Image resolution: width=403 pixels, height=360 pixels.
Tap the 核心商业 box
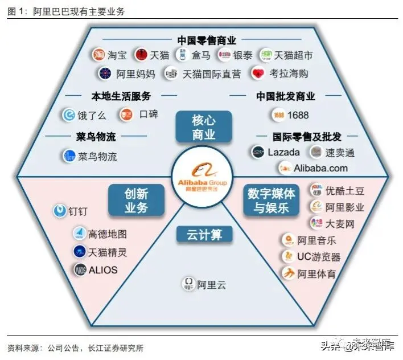click(203, 127)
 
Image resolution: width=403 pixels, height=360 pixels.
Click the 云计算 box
click(203, 234)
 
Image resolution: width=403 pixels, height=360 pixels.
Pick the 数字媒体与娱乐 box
click(271, 200)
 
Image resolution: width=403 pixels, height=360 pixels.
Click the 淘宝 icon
click(99, 55)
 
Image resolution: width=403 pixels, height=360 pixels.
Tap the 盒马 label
click(200, 55)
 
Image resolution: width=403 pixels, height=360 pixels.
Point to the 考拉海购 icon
click(258, 73)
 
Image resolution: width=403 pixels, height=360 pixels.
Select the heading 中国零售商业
click(206, 40)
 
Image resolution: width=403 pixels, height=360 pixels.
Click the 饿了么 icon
click(69, 115)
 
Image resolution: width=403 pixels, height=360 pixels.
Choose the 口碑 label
click(148, 115)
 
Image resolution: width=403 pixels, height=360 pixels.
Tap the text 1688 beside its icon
click(298, 115)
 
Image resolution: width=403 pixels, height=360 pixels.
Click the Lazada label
click(283, 152)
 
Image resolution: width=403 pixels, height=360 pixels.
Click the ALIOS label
click(103, 270)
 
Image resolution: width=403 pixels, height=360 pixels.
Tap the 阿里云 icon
click(188, 284)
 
